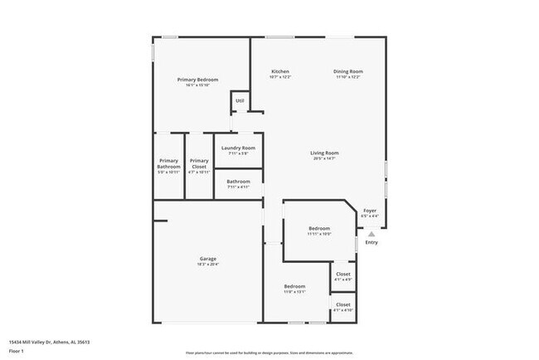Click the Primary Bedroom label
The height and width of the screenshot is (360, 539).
[x=197, y=80]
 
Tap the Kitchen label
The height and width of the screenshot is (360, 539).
[x=280, y=72]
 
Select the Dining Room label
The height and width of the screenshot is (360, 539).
[x=348, y=72]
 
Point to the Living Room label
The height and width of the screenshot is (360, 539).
[x=324, y=153]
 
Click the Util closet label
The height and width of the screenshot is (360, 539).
[x=240, y=101]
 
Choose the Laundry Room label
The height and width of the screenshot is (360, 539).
[x=238, y=148]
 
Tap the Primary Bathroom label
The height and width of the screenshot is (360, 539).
[x=168, y=163]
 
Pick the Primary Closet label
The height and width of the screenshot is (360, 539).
[x=198, y=163]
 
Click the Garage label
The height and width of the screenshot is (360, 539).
[x=207, y=258]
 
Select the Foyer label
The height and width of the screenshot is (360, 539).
[x=370, y=211]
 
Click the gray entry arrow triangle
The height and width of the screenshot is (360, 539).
[x=371, y=234]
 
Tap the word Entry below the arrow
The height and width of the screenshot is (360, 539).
[x=371, y=242]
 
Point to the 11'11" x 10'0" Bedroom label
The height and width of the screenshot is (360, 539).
[x=319, y=228]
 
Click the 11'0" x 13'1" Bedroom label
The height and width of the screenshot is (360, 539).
[x=295, y=286]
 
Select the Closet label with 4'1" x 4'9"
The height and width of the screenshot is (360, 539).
[x=342, y=275]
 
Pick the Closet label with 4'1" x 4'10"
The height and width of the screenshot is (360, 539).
[x=342, y=304]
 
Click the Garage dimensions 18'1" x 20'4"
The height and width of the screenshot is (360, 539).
[x=207, y=264]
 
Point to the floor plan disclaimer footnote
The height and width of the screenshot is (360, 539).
[x=269, y=352]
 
